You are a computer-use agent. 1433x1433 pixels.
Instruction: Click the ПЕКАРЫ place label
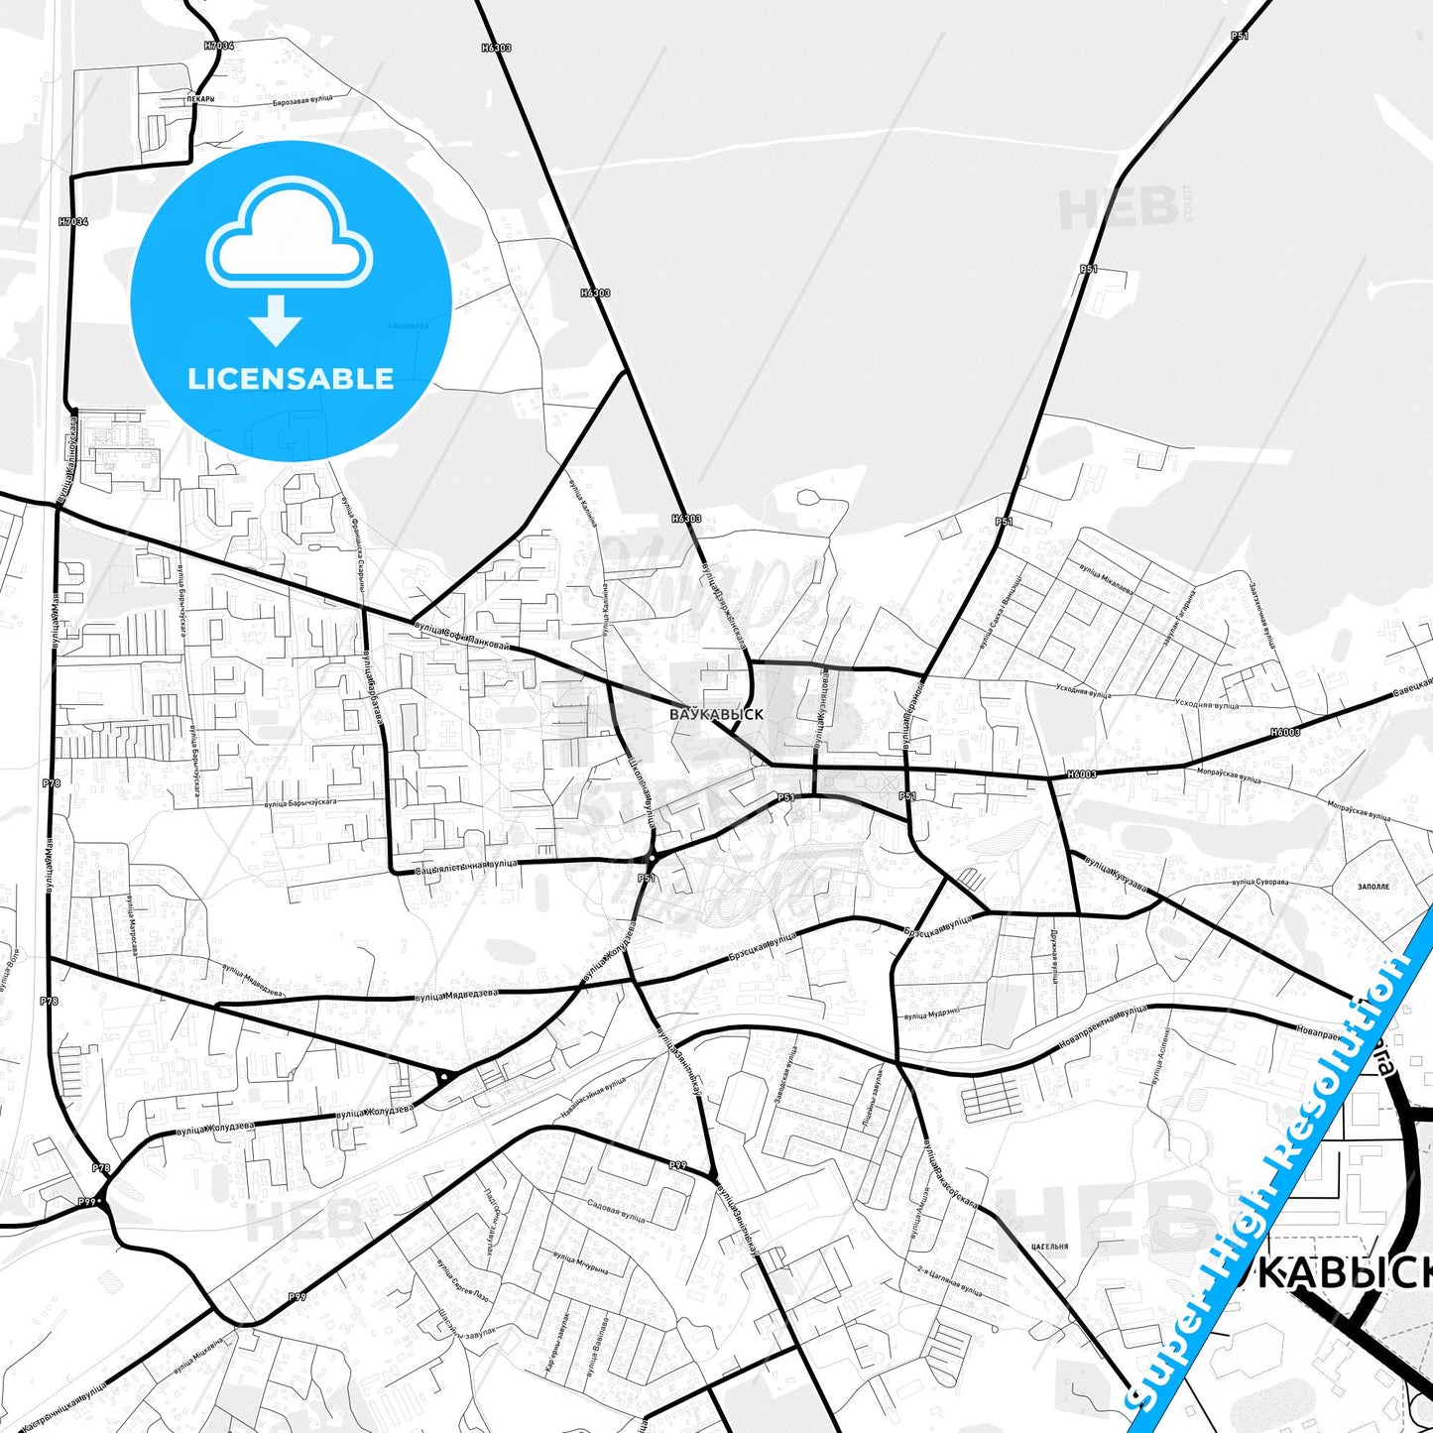click(x=199, y=99)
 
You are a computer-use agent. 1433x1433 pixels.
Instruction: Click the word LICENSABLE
click(x=291, y=378)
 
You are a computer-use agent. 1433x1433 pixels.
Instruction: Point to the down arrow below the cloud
click(x=276, y=319)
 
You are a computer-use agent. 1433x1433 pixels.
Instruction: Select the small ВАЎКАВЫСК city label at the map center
click(x=716, y=713)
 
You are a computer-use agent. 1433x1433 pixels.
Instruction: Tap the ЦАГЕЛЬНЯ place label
click(x=1048, y=1247)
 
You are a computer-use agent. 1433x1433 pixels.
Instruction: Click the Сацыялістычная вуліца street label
click(x=464, y=866)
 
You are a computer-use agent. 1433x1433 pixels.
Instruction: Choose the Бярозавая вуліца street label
click(x=302, y=101)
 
